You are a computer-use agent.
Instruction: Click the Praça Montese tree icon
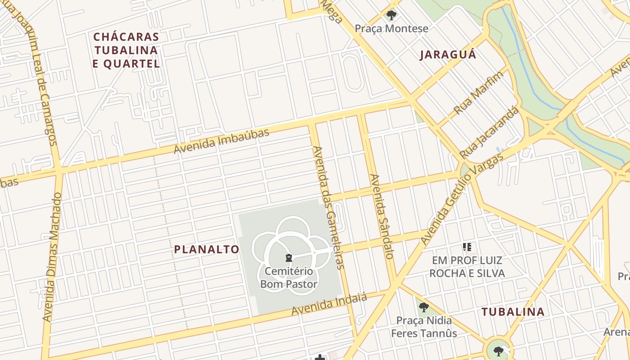[391, 15]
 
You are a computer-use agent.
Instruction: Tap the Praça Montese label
[391, 29]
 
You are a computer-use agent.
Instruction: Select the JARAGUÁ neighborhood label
[448, 55]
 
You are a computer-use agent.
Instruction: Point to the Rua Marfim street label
[478, 93]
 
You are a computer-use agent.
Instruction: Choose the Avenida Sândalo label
[382, 216]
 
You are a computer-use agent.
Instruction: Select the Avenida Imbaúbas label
[221, 140]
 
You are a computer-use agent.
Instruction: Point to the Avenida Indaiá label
[329, 304]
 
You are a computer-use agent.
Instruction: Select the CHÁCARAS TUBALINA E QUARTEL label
[126, 50]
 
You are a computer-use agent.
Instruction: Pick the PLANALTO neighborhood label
[207, 249]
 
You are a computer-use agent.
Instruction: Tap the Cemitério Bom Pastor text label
[289, 278]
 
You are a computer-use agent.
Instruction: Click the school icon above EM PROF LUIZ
[467, 247]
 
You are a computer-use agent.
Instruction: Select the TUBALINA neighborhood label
[513, 311]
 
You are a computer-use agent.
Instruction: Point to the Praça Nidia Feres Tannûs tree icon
[423, 308]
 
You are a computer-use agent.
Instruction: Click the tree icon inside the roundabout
[498, 351]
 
